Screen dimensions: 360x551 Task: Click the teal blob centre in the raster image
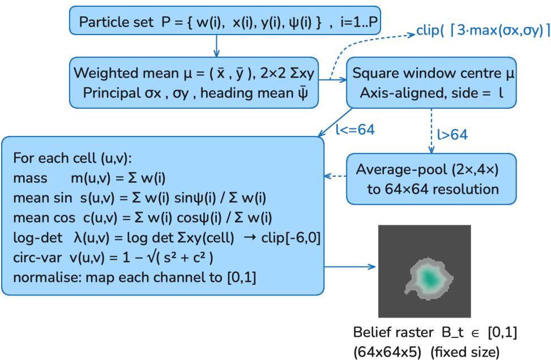click(x=430, y=278)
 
